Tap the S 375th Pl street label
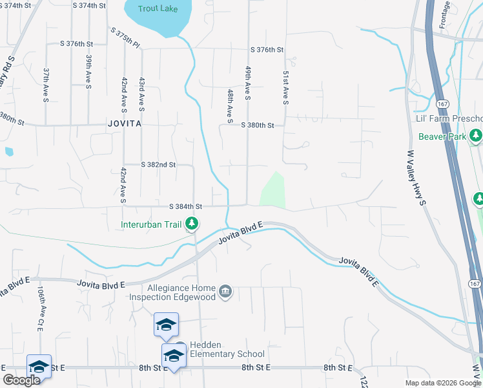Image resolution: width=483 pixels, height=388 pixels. click(125, 38)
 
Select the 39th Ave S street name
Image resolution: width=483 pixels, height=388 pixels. click(88, 70)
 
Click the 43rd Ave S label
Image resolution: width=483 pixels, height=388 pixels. click(141, 92)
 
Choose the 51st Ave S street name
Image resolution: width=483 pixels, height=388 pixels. click(284, 88)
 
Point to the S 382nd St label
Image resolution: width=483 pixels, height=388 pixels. click(158, 165)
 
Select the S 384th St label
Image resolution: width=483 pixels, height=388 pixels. click(186, 206)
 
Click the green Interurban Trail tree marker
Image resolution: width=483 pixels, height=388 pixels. click(192, 224)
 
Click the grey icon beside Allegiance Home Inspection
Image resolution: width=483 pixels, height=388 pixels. click(225, 292)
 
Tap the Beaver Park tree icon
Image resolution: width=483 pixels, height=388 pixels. click(476, 136)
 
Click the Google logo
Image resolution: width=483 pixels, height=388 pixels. click(21, 380)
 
